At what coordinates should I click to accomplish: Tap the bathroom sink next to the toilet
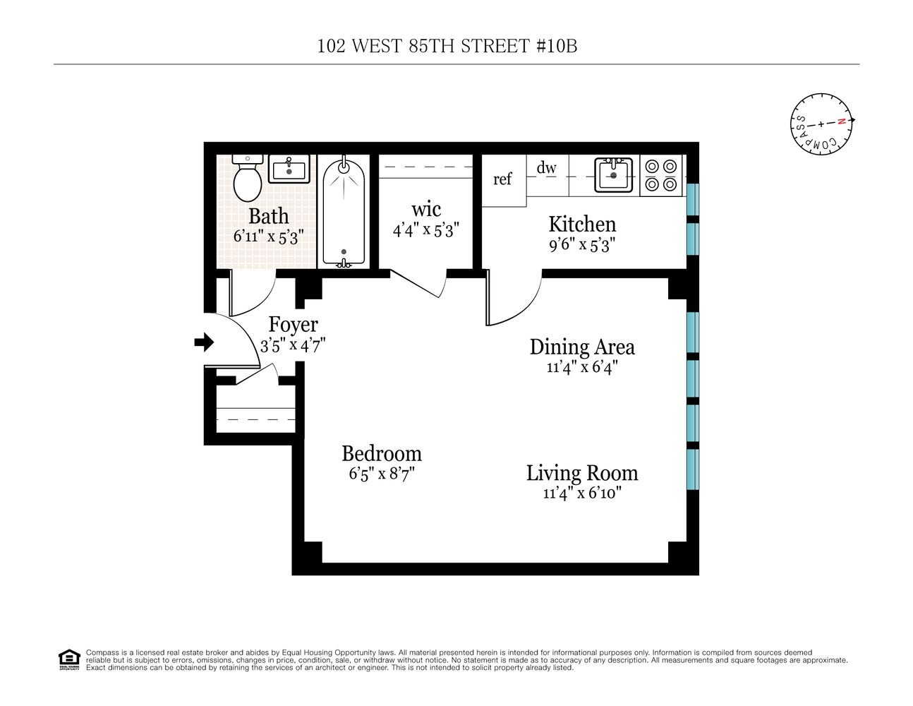(x=289, y=169)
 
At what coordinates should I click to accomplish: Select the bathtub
(x=344, y=213)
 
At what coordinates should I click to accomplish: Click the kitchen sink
(x=613, y=175)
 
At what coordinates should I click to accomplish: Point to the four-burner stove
(x=661, y=175)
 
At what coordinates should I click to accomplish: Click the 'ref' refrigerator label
(x=502, y=179)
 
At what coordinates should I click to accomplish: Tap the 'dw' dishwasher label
(x=546, y=168)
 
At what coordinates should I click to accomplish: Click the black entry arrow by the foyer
(x=204, y=342)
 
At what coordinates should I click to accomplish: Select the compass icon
(x=821, y=124)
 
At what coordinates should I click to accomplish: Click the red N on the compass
(x=841, y=121)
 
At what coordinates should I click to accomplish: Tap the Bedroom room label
(x=382, y=454)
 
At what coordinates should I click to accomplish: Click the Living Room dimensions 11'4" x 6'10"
(x=582, y=493)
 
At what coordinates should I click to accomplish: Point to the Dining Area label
(x=582, y=347)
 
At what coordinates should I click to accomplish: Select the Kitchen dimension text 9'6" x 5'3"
(x=582, y=244)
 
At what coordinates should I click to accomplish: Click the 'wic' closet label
(x=426, y=210)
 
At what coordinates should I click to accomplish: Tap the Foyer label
(x=294, y=325)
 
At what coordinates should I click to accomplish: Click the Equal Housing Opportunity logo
(x=69, y=660)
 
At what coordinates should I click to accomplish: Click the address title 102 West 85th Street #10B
(x=447, y=46)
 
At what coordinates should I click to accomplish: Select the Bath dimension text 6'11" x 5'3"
(x=269, y=237)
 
